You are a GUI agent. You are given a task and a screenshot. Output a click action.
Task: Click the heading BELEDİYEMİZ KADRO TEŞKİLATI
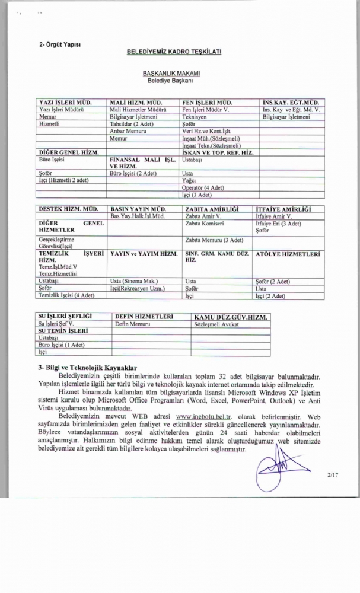pyautogui.click(x=174, y=52)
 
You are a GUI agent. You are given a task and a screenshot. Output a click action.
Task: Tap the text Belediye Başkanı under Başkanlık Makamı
pyautogui.click(x=174, y=79)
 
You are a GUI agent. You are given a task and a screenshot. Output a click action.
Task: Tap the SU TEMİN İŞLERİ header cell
pyautogui.click(x=63, y=331)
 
